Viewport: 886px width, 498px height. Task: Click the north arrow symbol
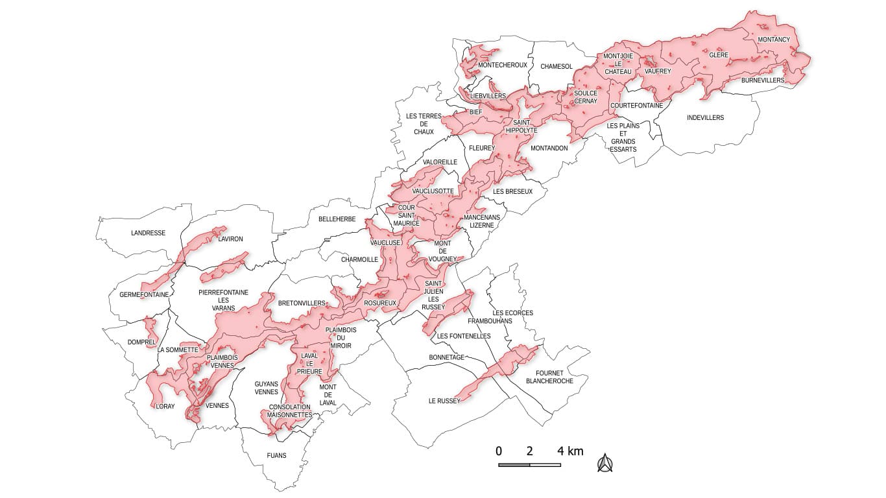click(605, 462)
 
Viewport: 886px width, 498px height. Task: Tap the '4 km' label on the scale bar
click(571, 451)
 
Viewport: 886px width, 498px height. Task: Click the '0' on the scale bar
click(499, 451)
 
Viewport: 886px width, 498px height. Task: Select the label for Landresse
click(148, 233)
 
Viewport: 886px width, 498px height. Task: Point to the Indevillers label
click(705, 117)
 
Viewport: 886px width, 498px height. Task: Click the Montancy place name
click(774, 40)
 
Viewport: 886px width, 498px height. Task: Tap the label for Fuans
click(276, 455)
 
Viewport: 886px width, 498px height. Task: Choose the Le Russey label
click(444, 401)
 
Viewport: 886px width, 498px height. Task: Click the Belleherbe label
click(337, 219)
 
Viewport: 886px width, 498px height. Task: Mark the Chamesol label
click(557, 66)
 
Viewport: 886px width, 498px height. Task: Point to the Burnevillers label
click(763, 80)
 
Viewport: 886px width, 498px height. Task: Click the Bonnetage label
click(447, 357)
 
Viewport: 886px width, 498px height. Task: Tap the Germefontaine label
click(144, 294)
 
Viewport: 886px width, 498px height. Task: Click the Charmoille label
click(359, 259)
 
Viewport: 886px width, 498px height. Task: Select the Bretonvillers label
click(302, 303)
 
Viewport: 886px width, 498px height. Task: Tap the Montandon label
click(549, 148)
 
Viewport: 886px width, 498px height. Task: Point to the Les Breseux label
click(512, 191)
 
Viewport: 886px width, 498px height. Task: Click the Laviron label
click(231, 239)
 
